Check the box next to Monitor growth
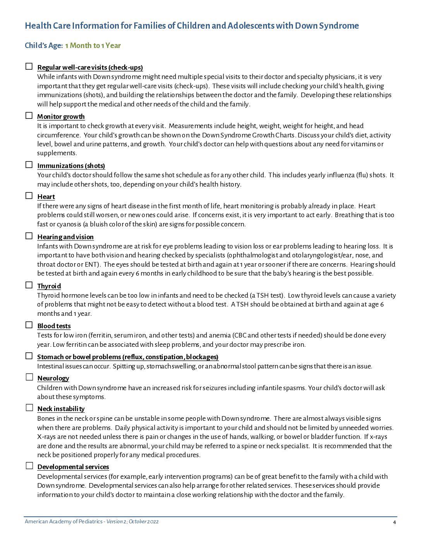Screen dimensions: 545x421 [29, 116]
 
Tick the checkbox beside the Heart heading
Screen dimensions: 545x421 [29, 196]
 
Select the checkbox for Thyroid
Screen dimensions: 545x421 [29, 285]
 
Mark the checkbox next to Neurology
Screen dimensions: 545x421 [29, 377]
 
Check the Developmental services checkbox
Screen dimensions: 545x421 [29, 466]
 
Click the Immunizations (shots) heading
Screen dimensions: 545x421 [71, 166]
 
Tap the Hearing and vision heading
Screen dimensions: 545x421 [65, 237]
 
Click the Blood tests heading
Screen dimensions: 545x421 [54, 326]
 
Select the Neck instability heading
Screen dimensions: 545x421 [61, 409]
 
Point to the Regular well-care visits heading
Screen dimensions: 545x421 [90, 67]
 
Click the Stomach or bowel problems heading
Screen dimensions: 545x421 [128, 357]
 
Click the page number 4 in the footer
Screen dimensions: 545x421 [394, 522]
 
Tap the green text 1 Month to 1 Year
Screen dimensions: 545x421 [93, 46]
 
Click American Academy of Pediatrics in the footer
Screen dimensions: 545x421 [63, 522]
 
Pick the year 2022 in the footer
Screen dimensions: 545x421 [153, 522]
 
